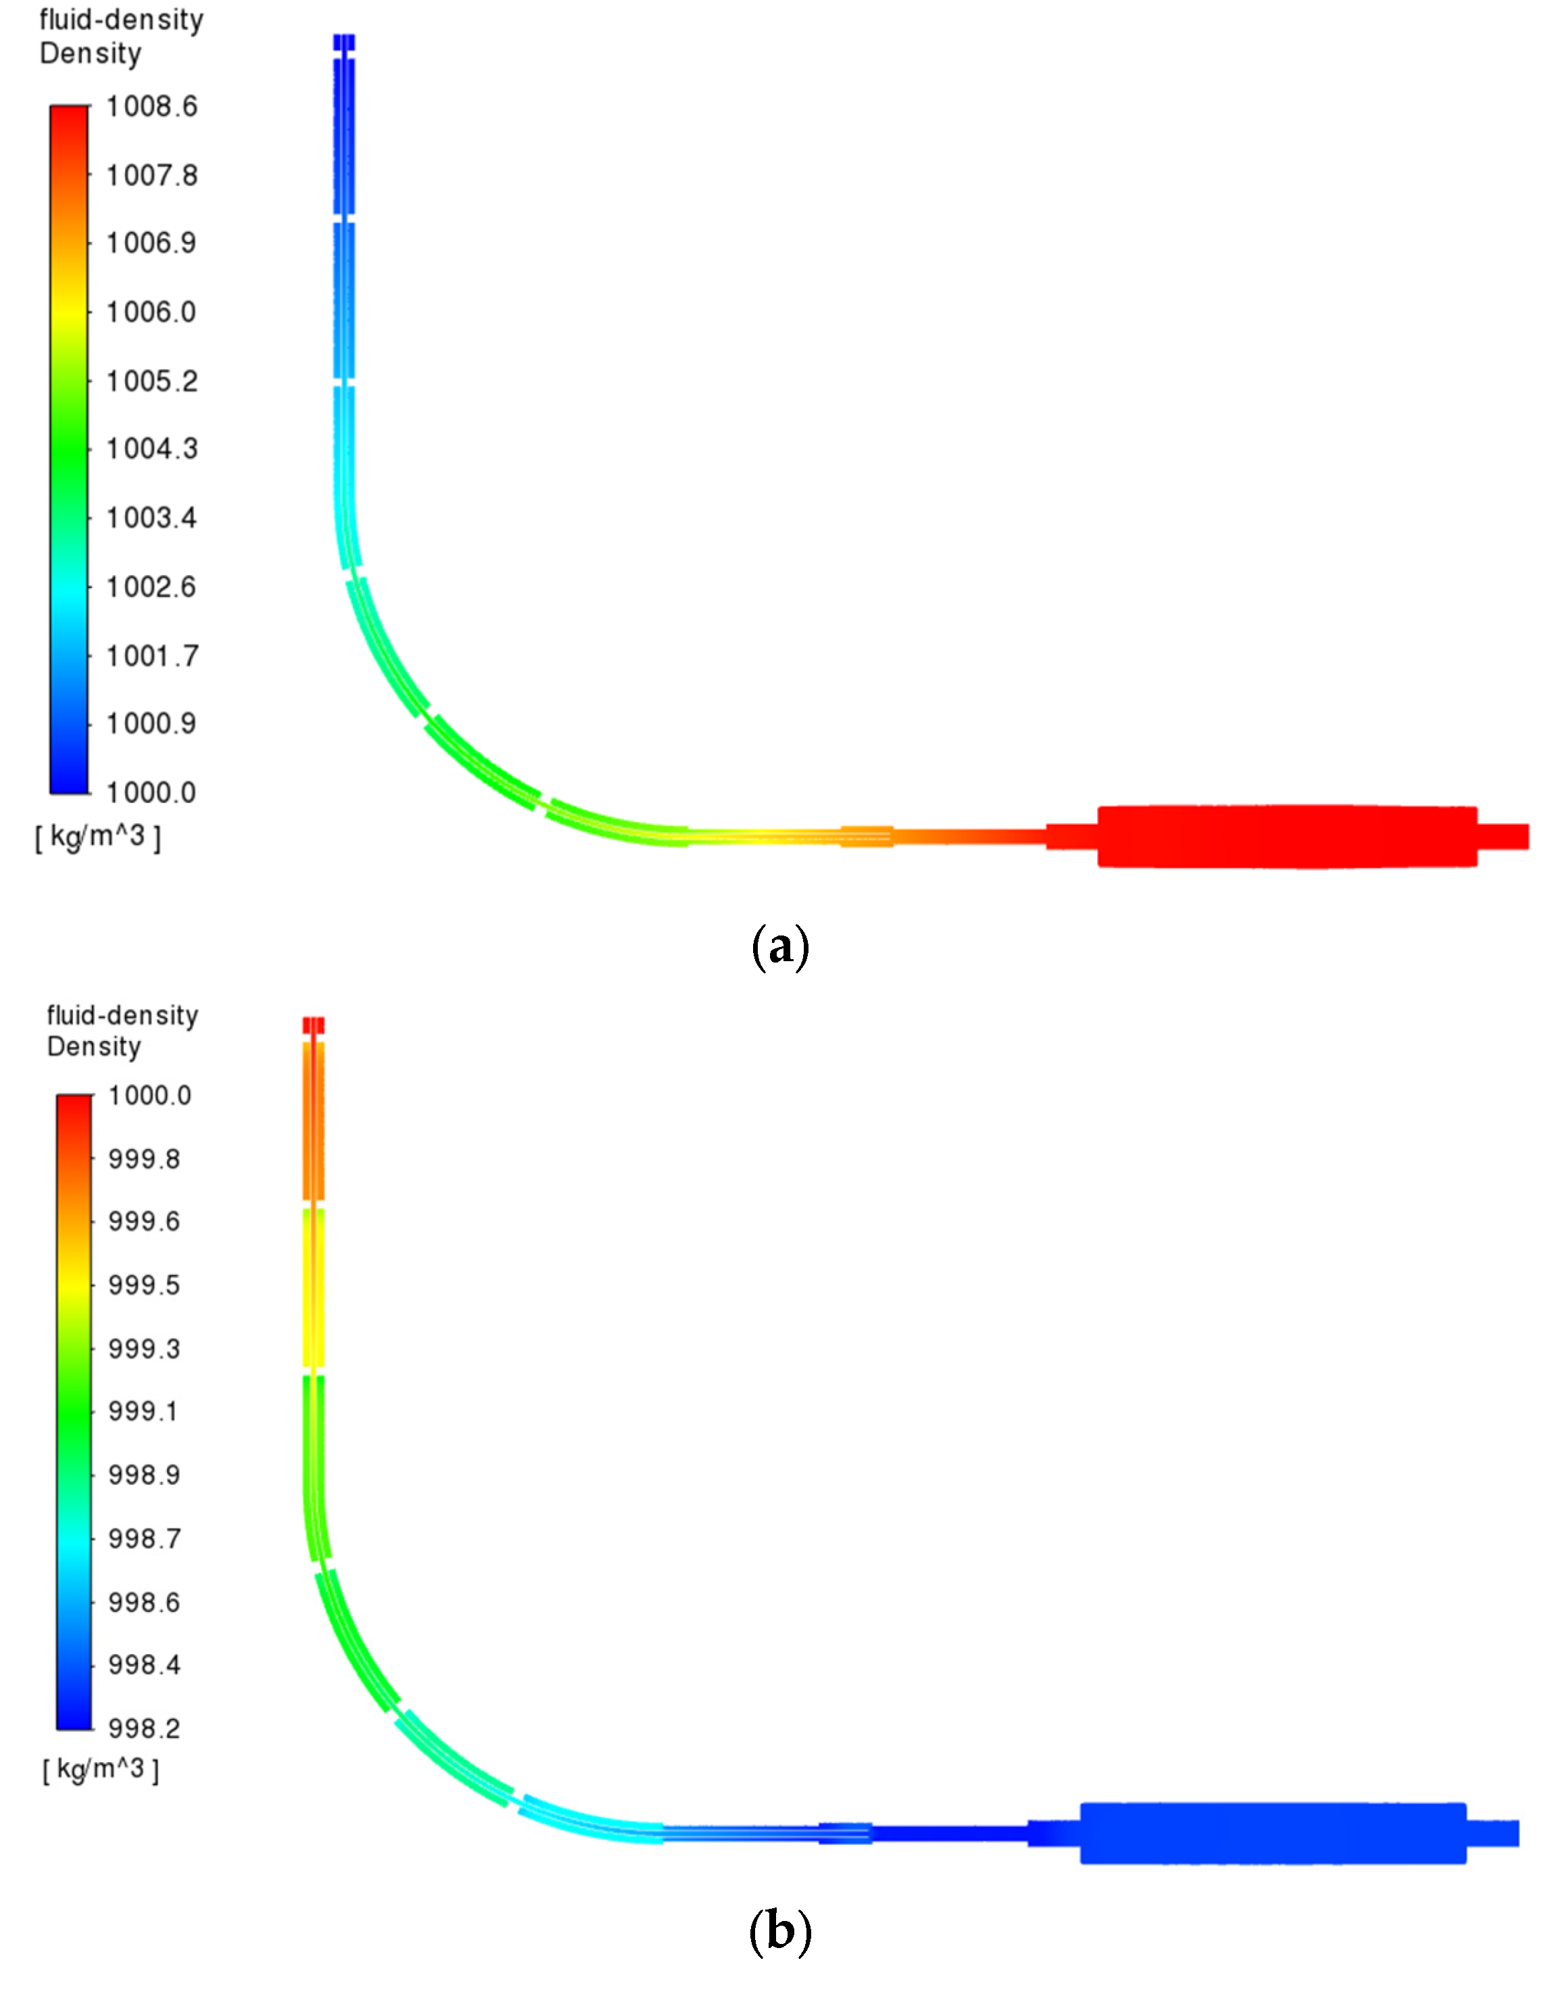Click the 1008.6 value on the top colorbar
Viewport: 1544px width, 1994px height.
[151, 107]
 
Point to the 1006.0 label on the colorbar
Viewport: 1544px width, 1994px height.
[151, 312]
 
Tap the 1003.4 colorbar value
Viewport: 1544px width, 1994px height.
[151, 518]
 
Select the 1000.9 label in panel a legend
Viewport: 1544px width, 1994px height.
[151, 723]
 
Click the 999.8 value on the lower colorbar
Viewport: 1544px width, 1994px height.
[144, 1159]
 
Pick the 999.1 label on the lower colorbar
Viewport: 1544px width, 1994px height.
[144, 1411]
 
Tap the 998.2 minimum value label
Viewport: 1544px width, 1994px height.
[144, 1728]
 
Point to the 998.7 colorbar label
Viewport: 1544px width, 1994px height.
[144, 1538]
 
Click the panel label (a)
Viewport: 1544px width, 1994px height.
[779, 947]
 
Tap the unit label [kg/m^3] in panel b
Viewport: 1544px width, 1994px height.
[101, 1770]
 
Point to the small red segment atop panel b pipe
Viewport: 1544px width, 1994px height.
[313, 1025]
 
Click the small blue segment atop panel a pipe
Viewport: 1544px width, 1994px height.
[343, 43]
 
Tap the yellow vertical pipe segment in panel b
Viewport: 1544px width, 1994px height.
[313, 1288]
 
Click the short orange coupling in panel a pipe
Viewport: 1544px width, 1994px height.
[865, 835]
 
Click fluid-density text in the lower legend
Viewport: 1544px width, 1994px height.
[122, 1015]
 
